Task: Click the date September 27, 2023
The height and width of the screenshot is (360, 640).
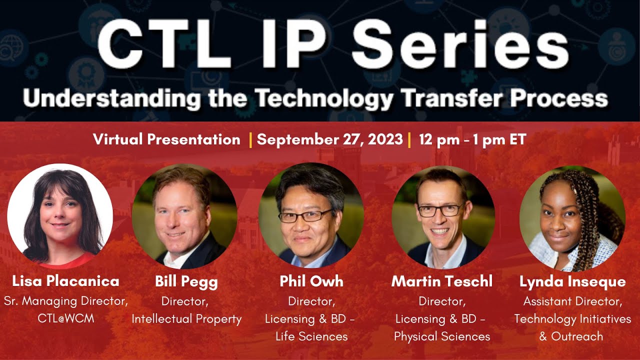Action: pyautogui.click(x=329, y=139)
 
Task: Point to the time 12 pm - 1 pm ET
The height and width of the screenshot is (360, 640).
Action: pyautogui.click(x=472, y=139)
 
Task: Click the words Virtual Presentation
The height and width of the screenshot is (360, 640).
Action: pyautogui.click(x=166, y=139)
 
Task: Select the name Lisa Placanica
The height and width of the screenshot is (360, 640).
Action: pyautogui.click(x=65, y=281)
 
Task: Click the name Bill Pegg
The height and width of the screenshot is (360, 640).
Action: pyautogui.click(x=186, y=281)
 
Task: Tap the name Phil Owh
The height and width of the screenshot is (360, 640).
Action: pyautogui.click(x=311, y=281)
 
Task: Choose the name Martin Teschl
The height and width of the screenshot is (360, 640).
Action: pyautogui.click(x=442, y=281)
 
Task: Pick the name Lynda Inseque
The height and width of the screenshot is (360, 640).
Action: pyautogui.click(x=572, y=281)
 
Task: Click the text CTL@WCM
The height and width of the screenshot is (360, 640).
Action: pyautogui.click(x=65, y=318)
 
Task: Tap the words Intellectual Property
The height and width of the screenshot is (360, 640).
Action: pyautogui.click(x=186, y=318)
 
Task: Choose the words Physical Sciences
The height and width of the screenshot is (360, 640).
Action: pyautogui.click(x=442, y=336)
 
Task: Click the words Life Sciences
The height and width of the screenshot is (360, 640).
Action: pyautogui.click(x=311, y=336)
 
